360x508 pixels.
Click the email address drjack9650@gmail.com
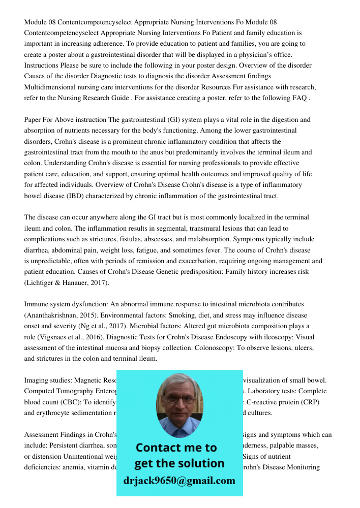tap(179, 481)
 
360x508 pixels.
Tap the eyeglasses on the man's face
tap(179, 399)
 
